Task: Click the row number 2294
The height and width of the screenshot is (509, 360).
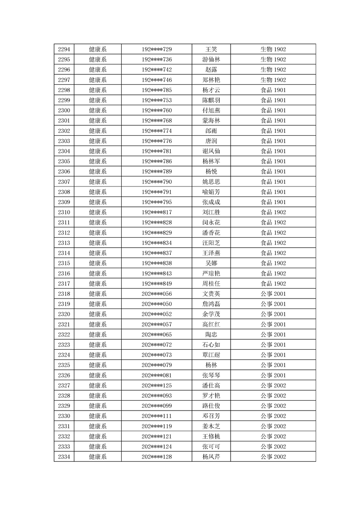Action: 64,49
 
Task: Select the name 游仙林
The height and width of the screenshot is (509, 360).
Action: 211,59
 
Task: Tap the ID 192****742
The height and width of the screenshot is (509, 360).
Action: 157,70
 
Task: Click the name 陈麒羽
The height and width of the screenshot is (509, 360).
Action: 211,100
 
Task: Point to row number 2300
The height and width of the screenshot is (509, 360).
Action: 64,110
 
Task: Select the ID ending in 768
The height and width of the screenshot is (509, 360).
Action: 157,121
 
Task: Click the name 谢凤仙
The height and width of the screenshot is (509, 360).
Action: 211,151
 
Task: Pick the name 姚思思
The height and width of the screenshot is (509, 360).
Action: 211,182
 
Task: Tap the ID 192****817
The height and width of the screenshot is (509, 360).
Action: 157,212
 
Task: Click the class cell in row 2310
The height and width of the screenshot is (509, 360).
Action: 273,212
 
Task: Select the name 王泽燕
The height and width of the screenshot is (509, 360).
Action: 211,253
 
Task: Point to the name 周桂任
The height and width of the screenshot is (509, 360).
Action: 211,284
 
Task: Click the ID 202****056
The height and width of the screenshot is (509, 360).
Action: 157,294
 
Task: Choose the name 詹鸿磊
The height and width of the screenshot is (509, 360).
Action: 211,304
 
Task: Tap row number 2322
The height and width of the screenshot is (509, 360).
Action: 64,334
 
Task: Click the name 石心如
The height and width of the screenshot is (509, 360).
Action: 211,345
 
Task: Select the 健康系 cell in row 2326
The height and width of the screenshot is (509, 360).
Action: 98,375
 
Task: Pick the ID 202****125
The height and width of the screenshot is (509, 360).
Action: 157,386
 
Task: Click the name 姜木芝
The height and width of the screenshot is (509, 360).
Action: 211,426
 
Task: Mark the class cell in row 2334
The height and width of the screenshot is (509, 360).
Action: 273,457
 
